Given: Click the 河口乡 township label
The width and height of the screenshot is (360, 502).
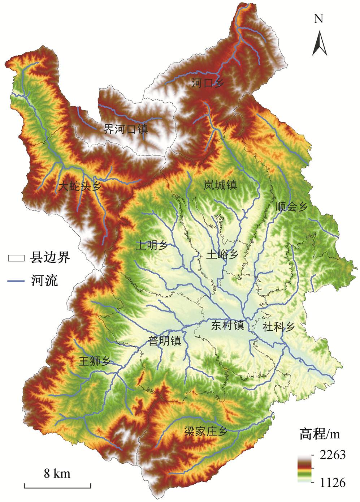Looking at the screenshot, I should [208, 83].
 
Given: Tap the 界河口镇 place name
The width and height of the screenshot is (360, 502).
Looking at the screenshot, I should [126, 129].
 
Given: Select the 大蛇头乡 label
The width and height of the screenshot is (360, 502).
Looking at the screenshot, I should [80, 186].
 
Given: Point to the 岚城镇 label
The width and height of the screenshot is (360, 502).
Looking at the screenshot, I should [220, 185].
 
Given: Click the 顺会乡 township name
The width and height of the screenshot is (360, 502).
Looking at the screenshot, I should [291, 207].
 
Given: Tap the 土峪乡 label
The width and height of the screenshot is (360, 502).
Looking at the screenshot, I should [222, 254].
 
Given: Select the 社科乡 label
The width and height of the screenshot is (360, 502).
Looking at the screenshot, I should [279, 327].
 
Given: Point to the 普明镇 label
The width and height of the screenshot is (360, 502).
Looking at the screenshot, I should [165, 341].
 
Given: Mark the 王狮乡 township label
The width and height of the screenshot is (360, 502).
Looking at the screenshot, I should [95, 361].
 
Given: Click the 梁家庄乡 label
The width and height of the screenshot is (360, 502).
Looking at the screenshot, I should [205, 432].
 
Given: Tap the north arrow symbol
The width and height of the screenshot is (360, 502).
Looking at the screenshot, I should [320, 43].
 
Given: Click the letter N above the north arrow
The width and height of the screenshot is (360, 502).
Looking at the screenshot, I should [318, 19].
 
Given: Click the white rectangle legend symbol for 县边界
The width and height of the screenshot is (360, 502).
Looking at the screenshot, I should [16, 258].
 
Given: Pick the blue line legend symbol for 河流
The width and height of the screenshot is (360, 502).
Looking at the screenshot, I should [16, 281].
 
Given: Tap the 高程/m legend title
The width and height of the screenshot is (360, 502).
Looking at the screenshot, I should [320, 434].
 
